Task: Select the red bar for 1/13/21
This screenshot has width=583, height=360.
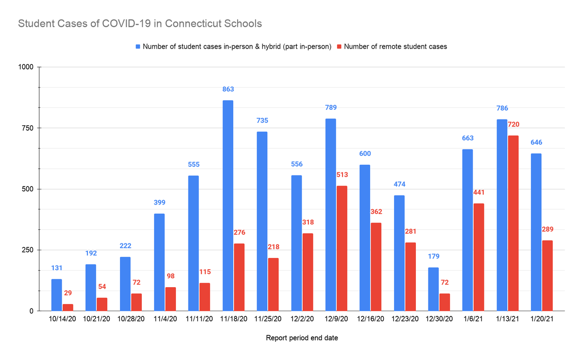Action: click(513, 223)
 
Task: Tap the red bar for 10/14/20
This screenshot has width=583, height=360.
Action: click(68, 307)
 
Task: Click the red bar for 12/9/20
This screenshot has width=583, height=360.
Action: click(342, 248)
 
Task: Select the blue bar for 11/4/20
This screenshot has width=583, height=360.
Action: click(159, 262)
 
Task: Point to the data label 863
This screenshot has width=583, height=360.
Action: click(228, 89)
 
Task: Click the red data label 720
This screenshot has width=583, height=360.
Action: click(514, 125)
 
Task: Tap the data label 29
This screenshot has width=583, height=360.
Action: click(68, 293)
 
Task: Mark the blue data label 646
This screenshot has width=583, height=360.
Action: click(536, 142)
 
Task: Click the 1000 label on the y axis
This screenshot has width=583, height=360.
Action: click(25, 67)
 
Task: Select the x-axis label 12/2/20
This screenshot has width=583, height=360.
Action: click(302, 319)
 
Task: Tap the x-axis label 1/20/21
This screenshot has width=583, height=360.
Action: click(542, 319)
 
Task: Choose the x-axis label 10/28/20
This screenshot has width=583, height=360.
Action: click(131, 319)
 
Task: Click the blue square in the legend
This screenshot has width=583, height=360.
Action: click(138, 47)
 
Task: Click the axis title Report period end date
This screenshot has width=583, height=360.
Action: click(302, 338)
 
